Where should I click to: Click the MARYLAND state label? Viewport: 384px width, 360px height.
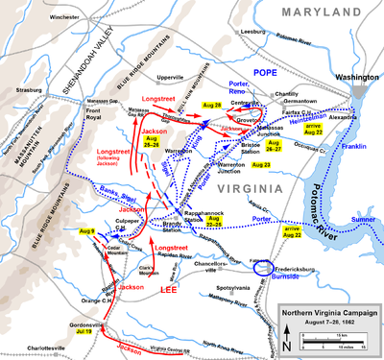pyautogui.click(x=272, y=13)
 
